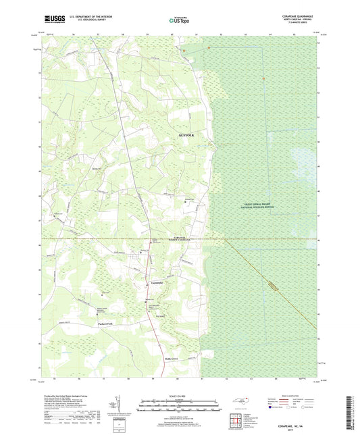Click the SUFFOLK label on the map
click(x=185, y=135)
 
